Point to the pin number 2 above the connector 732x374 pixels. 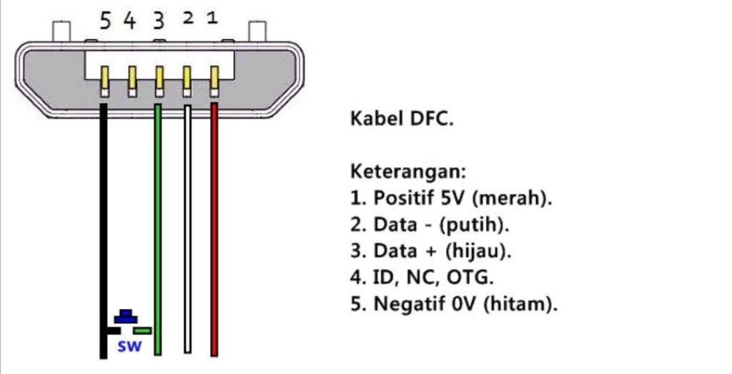point(187,18)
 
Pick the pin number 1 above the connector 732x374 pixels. point(212,18)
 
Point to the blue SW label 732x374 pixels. point(129,349)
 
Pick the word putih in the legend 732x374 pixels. point(475,225)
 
